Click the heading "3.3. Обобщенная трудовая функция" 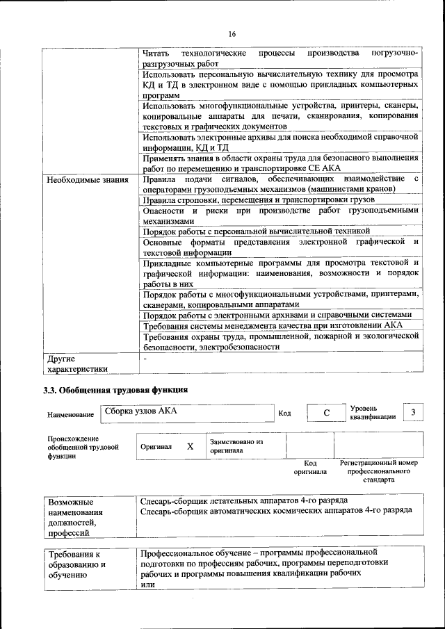point(115,390)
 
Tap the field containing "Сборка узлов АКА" point(186,412)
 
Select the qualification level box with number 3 point(414,413)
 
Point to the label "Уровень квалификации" point(373,413)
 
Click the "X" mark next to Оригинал point(190,447)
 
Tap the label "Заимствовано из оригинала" point(236,446)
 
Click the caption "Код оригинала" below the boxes point(310,467)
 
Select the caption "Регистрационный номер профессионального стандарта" point(378,471)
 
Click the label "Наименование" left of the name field point(70,415)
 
